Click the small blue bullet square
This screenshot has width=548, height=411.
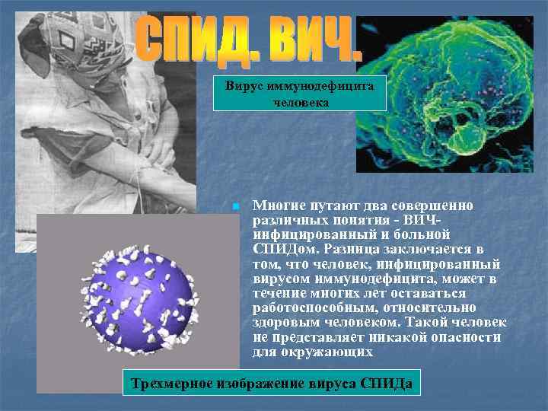[236, 206]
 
